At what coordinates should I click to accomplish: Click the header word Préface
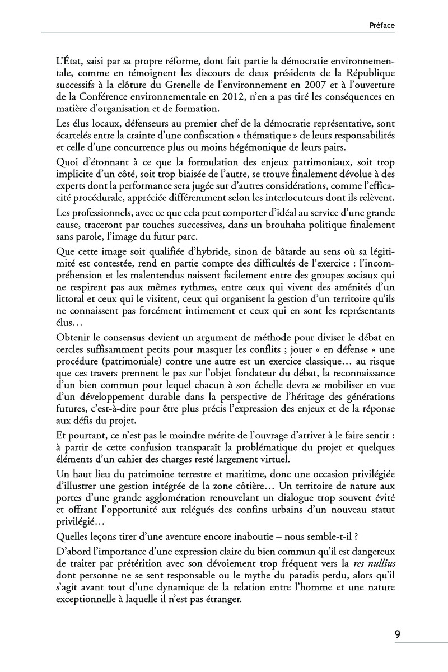[x=382, y=25]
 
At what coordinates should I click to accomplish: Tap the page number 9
[x=397, y=634]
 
